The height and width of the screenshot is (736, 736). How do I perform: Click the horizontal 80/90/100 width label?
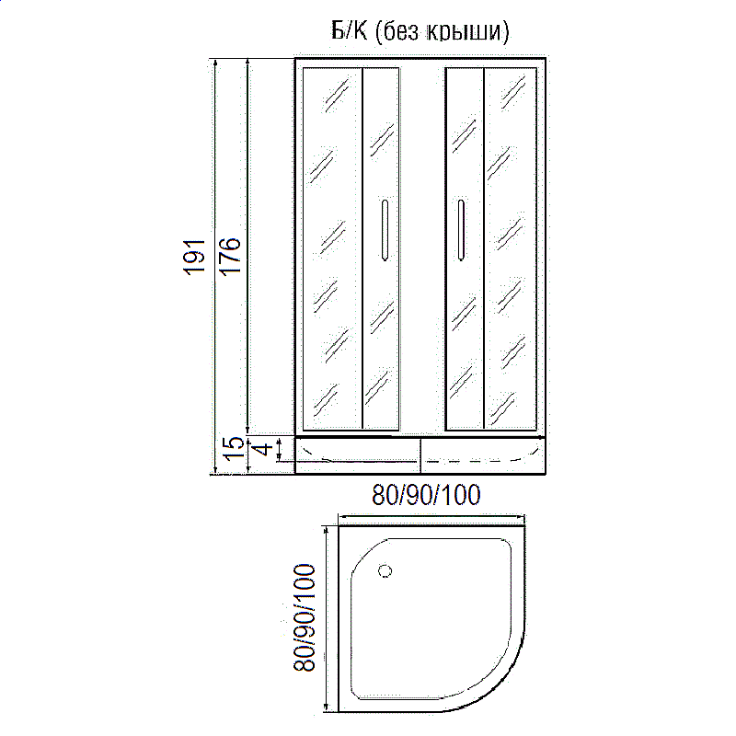click(x=426, y=498)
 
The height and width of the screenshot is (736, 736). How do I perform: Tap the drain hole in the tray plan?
click(x=385, y=570)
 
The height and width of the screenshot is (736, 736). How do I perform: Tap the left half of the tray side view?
click(x=358, y=454)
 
